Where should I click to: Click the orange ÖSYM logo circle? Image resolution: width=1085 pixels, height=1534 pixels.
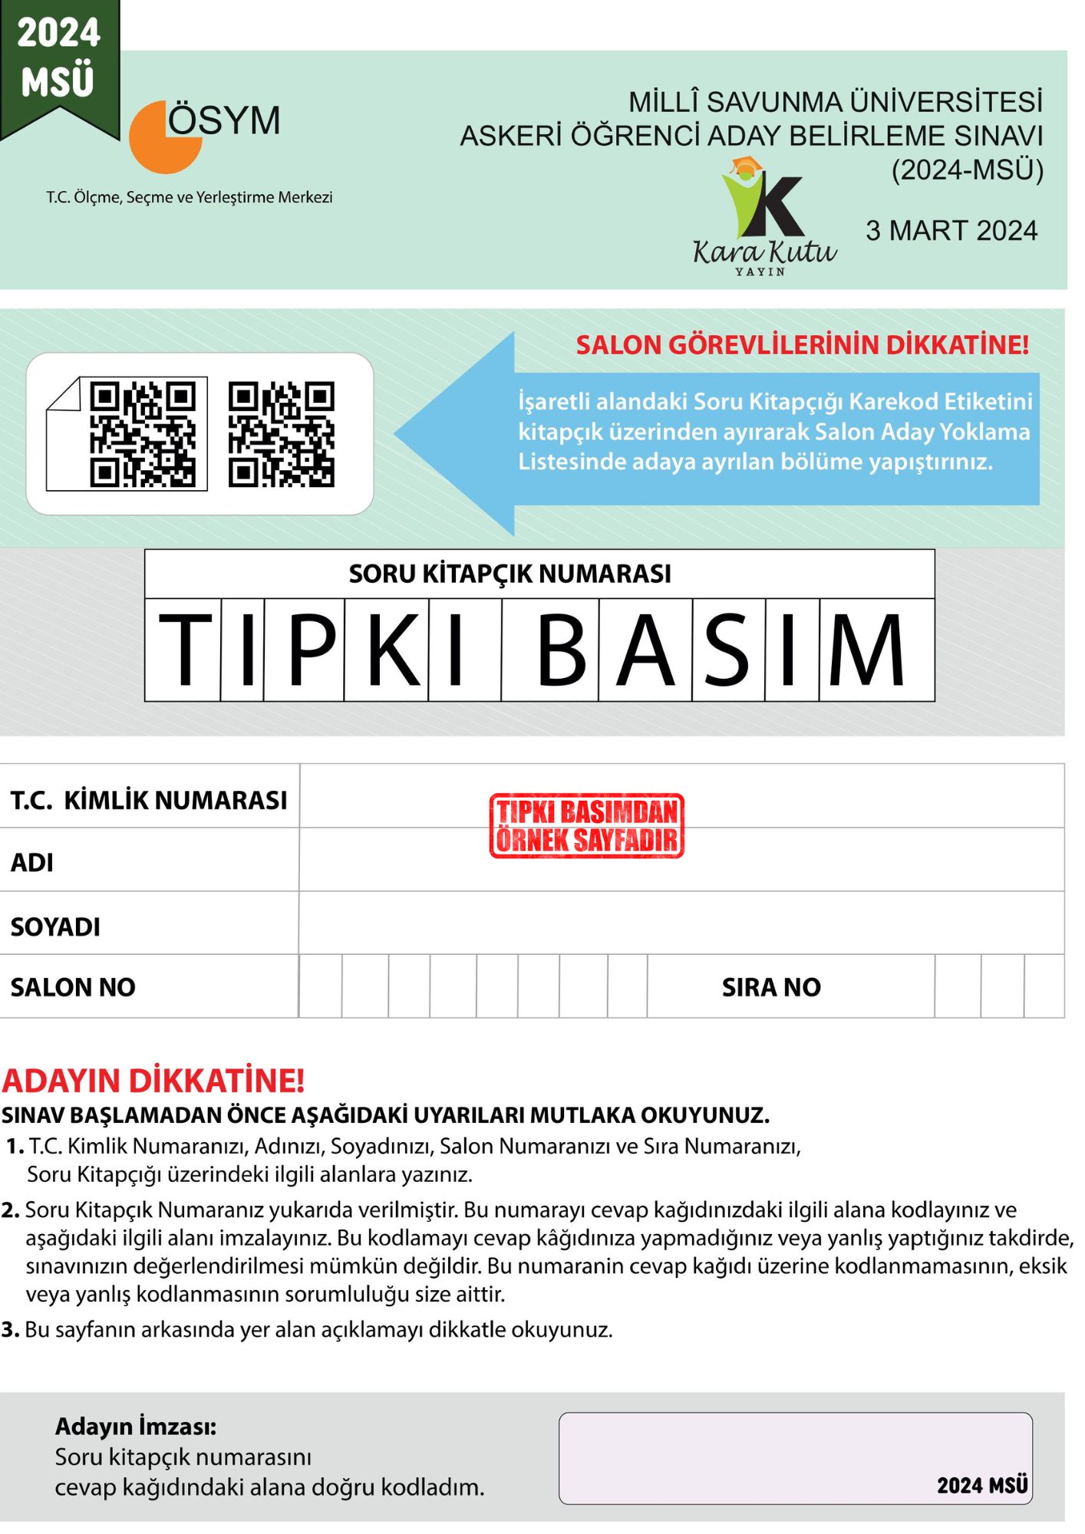(x=163, y=139)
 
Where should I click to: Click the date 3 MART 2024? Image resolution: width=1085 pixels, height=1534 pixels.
(x=951, y=231)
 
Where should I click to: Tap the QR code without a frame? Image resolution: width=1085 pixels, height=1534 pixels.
(x=282, y=434)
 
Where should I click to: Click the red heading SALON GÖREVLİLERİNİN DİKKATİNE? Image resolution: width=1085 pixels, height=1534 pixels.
(x=802, y=345)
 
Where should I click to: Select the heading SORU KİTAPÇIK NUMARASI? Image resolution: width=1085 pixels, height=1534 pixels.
(x=510, y=574)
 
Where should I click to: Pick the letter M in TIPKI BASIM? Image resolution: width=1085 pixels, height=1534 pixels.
(x=866, y=650)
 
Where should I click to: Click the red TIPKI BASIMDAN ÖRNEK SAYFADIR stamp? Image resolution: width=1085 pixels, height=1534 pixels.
(x=586, y=825)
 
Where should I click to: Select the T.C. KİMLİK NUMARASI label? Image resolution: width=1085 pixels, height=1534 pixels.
(x=148, y=800)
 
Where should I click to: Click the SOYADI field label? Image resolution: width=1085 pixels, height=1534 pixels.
(x=55, y=927)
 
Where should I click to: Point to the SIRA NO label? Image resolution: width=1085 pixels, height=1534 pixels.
(x=770, y=987)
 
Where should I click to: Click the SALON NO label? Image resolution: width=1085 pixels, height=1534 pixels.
(x=73, y=987)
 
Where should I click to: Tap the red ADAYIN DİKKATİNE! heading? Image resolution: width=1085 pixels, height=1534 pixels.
(x=153, y=1080)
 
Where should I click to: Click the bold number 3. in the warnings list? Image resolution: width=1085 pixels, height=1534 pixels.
(x=10, y=1329)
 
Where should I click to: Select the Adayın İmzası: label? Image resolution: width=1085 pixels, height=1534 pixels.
(x=136, y=1426)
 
